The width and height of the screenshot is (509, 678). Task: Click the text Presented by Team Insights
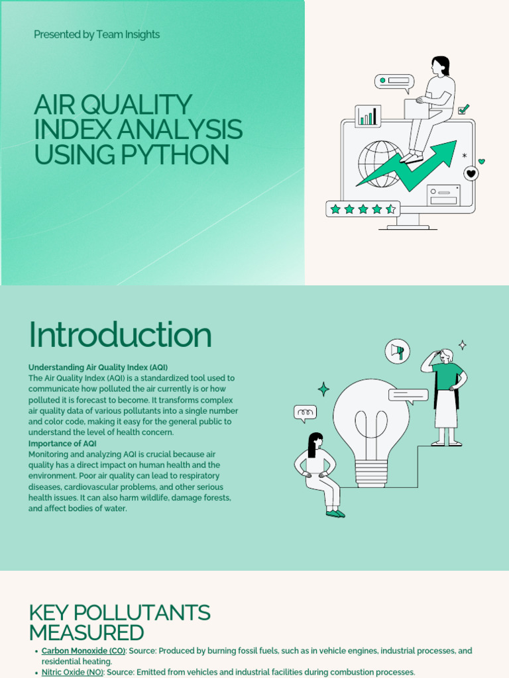97,34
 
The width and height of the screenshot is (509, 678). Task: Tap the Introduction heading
120,335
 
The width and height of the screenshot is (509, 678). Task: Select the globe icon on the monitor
380,163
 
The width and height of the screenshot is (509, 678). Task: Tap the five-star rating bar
363,209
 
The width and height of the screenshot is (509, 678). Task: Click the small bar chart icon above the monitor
367,117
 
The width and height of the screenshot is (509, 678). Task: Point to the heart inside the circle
471,173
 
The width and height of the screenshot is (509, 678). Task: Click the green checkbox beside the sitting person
464,109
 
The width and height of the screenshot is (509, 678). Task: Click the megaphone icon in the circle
398,350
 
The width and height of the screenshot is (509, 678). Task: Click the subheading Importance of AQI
62,443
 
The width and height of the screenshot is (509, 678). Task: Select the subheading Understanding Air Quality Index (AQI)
98,367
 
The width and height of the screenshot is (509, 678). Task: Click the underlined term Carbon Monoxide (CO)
83,651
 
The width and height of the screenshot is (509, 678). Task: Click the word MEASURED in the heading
86,632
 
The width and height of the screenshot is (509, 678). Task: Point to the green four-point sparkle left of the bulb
323,389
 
